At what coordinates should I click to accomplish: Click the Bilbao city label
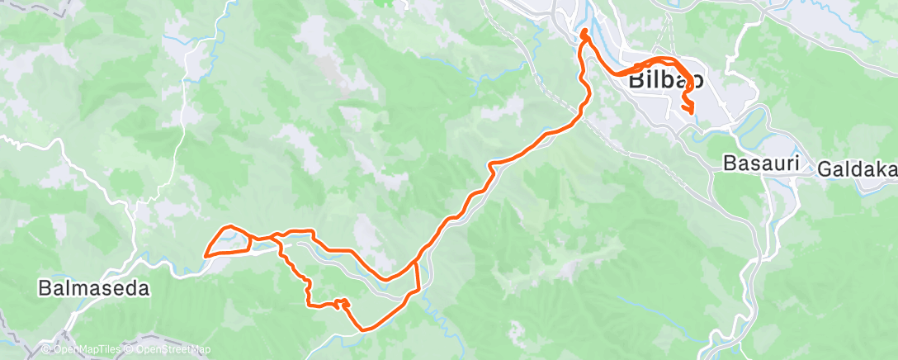pyautogui.click(x=666, y=81)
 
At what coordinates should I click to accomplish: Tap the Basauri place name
pyautogui.click(x=761, y=163)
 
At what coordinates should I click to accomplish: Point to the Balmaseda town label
pyautogui.click(x=95, y=289)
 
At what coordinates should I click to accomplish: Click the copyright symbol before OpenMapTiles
pyautogui.click(x=46, y=350)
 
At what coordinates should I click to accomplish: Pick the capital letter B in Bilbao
pyautogui.click(x=637, y=81)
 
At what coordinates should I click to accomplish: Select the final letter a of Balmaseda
pyautogui.click(x=144, y=289)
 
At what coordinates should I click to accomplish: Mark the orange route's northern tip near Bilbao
pyautogui.click(x=584, y=32)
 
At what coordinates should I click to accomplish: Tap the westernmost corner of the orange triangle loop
pyautogui.click(x=205, y=254)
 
